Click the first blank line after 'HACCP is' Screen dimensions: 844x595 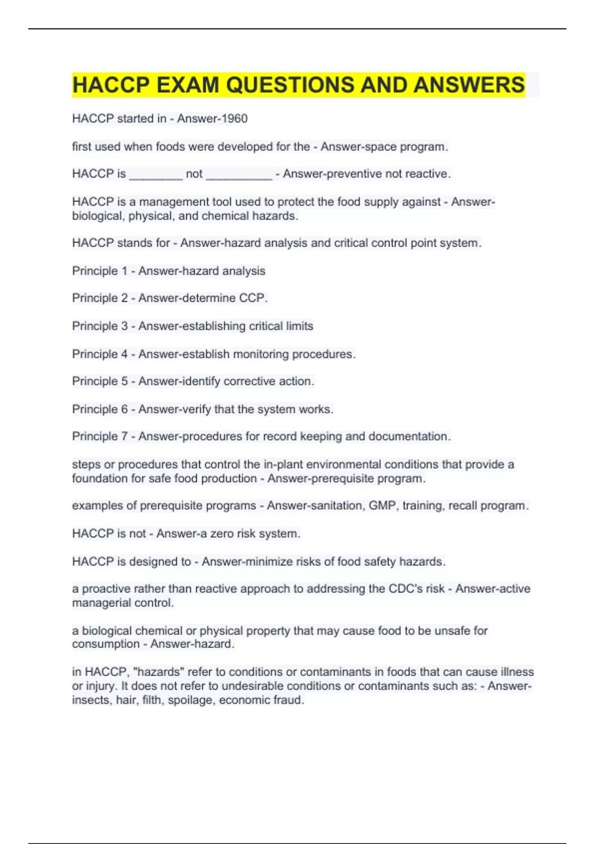click(x=156, y=174)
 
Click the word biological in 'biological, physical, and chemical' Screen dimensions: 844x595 click(x=98, y=216)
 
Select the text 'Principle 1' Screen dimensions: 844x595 click(x=100, y=271)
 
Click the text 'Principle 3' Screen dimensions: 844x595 click(x=100, y=326)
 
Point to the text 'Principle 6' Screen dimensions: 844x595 click(x=100, y=409)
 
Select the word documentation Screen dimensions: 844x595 click(x=408, y=436)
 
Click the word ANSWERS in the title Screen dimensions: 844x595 click(x=469, y=85)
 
